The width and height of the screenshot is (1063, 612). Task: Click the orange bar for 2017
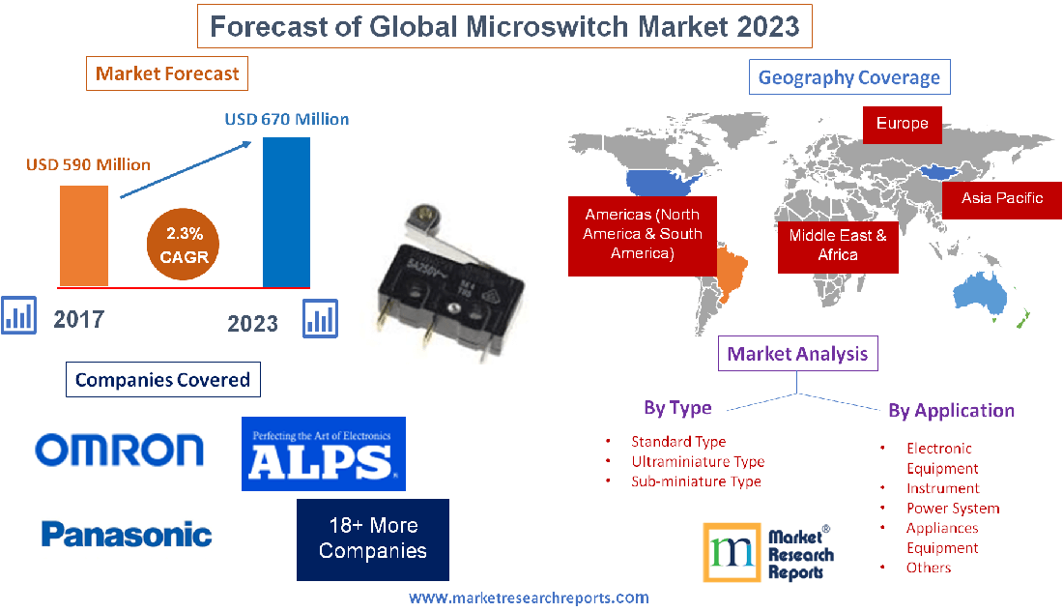click(x=84, y=235)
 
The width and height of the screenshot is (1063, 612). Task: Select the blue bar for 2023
click(x=286, y=212)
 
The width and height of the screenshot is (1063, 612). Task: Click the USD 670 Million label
click(x=287, y=120)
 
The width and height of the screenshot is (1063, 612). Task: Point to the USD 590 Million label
click(x=88, y=164)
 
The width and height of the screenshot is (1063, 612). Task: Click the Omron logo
click(x=120, y=450)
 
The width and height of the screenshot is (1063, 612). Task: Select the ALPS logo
click(x=323, y=454)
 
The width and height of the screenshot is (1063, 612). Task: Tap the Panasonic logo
click(x=127, y=534)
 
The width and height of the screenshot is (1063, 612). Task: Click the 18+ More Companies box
click(x=373, y=539)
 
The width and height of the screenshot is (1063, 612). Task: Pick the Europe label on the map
click(x=902, y=124)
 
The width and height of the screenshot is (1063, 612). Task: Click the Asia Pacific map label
click(x=1001, y=198)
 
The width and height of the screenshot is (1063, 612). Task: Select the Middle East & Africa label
click(x=838, y=245)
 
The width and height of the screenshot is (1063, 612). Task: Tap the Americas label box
click(x=642, y=234)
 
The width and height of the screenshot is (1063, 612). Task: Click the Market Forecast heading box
click(x=167, y=73)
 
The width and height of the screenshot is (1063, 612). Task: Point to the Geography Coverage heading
click(x=848, y=77)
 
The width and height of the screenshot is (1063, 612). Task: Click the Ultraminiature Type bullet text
click(x=697, y=461)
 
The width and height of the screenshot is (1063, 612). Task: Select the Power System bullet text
click(x=952, y=508)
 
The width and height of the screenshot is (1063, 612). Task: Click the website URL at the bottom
click(x=529, y=598)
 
